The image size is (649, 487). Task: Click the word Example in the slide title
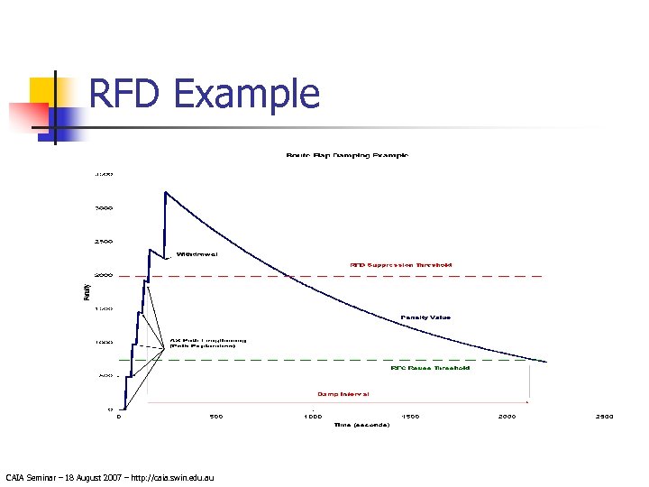(x=245, y=94)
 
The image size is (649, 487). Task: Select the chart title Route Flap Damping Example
(x=347, y=156)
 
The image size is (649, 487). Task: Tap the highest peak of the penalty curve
(x=165, y=192)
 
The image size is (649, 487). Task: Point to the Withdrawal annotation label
(x=196, y=253)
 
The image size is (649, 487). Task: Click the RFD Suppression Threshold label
(x=401, y=265)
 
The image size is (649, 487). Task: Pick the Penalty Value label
(x=425, y=317)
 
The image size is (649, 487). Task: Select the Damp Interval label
(x=343, y=394)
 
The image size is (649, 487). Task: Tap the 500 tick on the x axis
(x=216, y=417)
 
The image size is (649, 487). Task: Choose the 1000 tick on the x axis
(x=312, y=417)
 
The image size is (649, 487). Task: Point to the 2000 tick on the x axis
(x=507, y=417)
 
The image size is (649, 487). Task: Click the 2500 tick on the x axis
(x=604, y=417)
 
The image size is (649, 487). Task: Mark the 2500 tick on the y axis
(x=104, y=242)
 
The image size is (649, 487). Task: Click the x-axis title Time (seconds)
(x=361, y=425)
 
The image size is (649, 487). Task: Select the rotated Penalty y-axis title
(x=87, y=291)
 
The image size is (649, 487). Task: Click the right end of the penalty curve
(x=546, y=362)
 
